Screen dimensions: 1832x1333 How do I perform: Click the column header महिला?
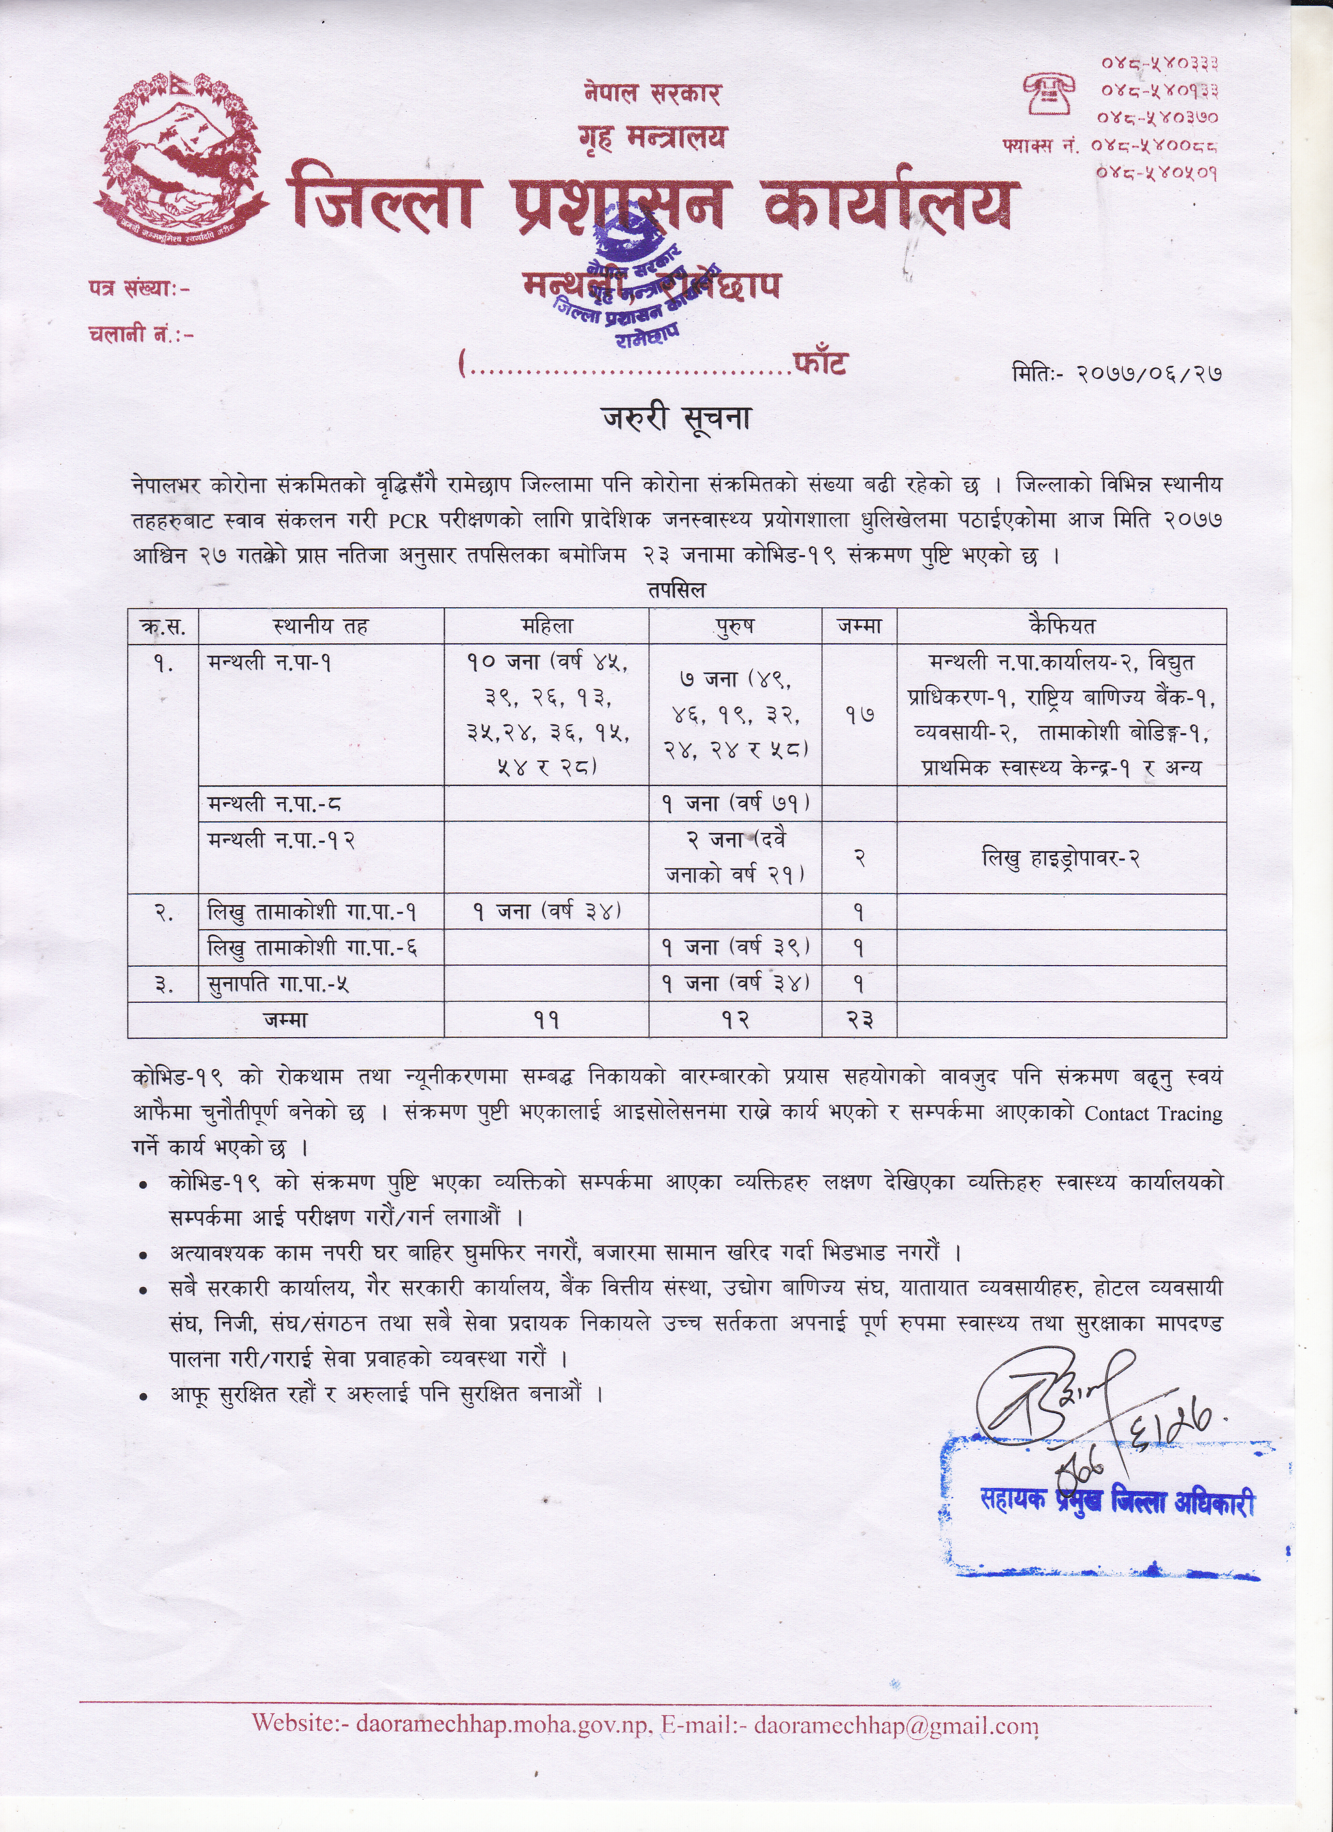546,626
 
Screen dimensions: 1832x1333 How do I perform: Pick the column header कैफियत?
1061,626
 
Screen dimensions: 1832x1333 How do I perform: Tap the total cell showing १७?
859,714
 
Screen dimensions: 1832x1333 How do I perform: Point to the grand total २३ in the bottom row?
859,1021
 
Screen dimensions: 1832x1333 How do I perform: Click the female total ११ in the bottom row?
546,1021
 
